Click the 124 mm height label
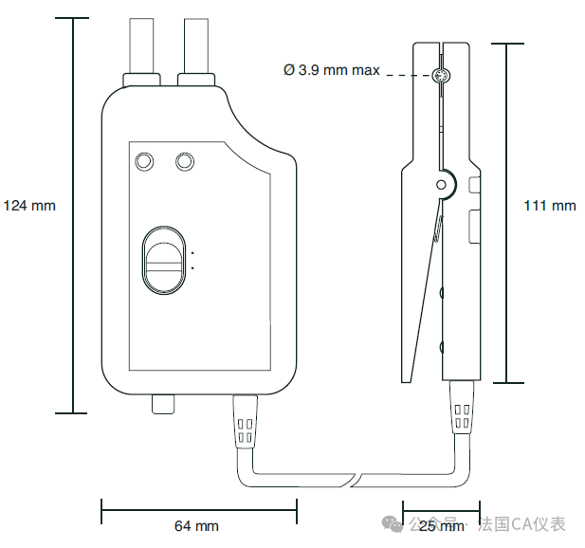point(29,205)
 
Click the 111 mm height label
point(550,205)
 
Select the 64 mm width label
point(196,525)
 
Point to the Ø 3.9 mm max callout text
point(332,70)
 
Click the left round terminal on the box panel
point(144,161)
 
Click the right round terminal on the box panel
point(185,161)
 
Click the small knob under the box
point(164,404)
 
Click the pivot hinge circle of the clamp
point(441,185)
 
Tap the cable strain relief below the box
point(244,422)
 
